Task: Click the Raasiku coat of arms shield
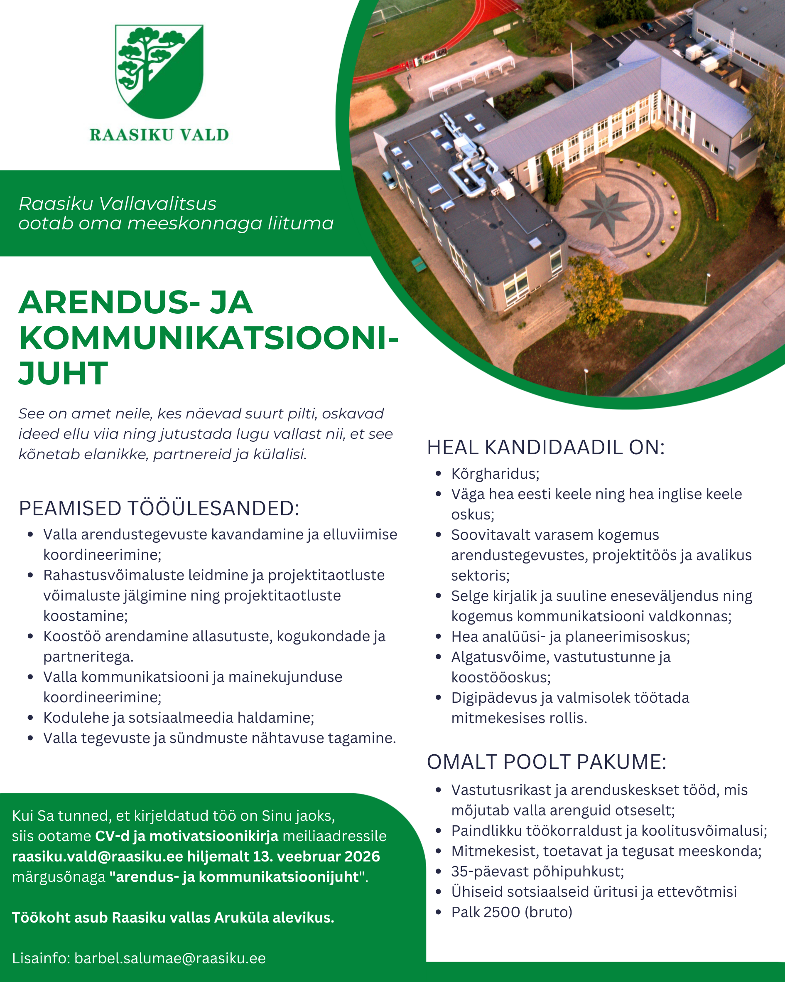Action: click(x=159, y=71)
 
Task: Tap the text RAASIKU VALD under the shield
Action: click(x=159, y=135)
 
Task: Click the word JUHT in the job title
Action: click(x=63, y=374)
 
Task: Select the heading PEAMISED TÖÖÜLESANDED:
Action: click(x=159, y=508)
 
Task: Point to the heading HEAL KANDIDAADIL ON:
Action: click(x=545, y=447)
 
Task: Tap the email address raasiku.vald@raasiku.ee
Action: click(x=98, y=856)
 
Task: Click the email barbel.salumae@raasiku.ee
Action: click(x=170, y=958)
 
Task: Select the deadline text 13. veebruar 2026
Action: click(x=316, y=856)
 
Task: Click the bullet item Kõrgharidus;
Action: click(x=495, y=474)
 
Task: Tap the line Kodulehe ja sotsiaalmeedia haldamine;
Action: click(x=179, y=717)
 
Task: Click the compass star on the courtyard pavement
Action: click(x=604, y=208)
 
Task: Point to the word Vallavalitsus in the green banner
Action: click(x=157, y=204)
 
